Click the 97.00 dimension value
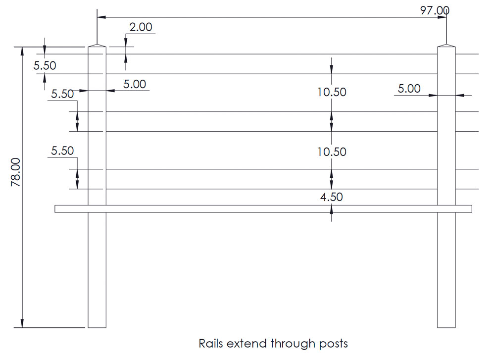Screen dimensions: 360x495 [435, 10]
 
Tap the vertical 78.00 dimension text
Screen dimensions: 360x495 [15, 172]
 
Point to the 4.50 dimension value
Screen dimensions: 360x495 [331, 197]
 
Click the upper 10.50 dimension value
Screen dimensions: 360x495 [332, 92]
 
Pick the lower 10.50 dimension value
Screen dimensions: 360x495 [332, 152]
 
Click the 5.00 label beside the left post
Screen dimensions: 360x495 [135, 84]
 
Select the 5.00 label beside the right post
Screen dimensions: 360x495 [409, 89]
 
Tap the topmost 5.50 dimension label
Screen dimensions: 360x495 [45, 65]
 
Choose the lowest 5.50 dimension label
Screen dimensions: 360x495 [62, 151]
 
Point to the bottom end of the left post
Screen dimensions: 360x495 [97, 327]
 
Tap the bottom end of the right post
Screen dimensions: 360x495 [446, 327]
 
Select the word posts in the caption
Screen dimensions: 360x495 [333, 343]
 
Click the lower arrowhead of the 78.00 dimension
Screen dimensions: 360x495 [22, 324]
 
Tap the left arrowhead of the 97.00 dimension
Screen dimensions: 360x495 [100, 17]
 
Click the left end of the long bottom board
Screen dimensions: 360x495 [56, 209]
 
